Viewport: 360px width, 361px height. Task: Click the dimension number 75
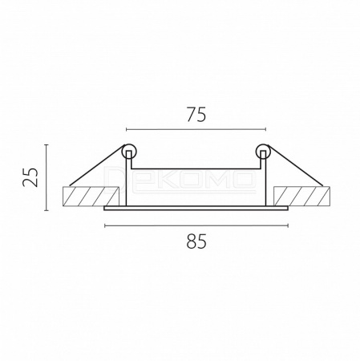pos(196,115)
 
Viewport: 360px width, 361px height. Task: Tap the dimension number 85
pos(196,241)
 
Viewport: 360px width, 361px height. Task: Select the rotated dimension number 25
pos(30,177)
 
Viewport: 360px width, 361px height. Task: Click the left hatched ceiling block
pos(91,197)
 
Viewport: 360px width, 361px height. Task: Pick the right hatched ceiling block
pos(301,197)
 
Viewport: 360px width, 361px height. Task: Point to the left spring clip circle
pos(130,152)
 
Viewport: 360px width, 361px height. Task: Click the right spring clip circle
pos(263,152)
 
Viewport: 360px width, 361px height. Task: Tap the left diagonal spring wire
pos(97,166)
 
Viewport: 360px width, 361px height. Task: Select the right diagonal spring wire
pos(296,166)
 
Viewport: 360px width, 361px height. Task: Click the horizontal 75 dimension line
pos(196,130)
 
